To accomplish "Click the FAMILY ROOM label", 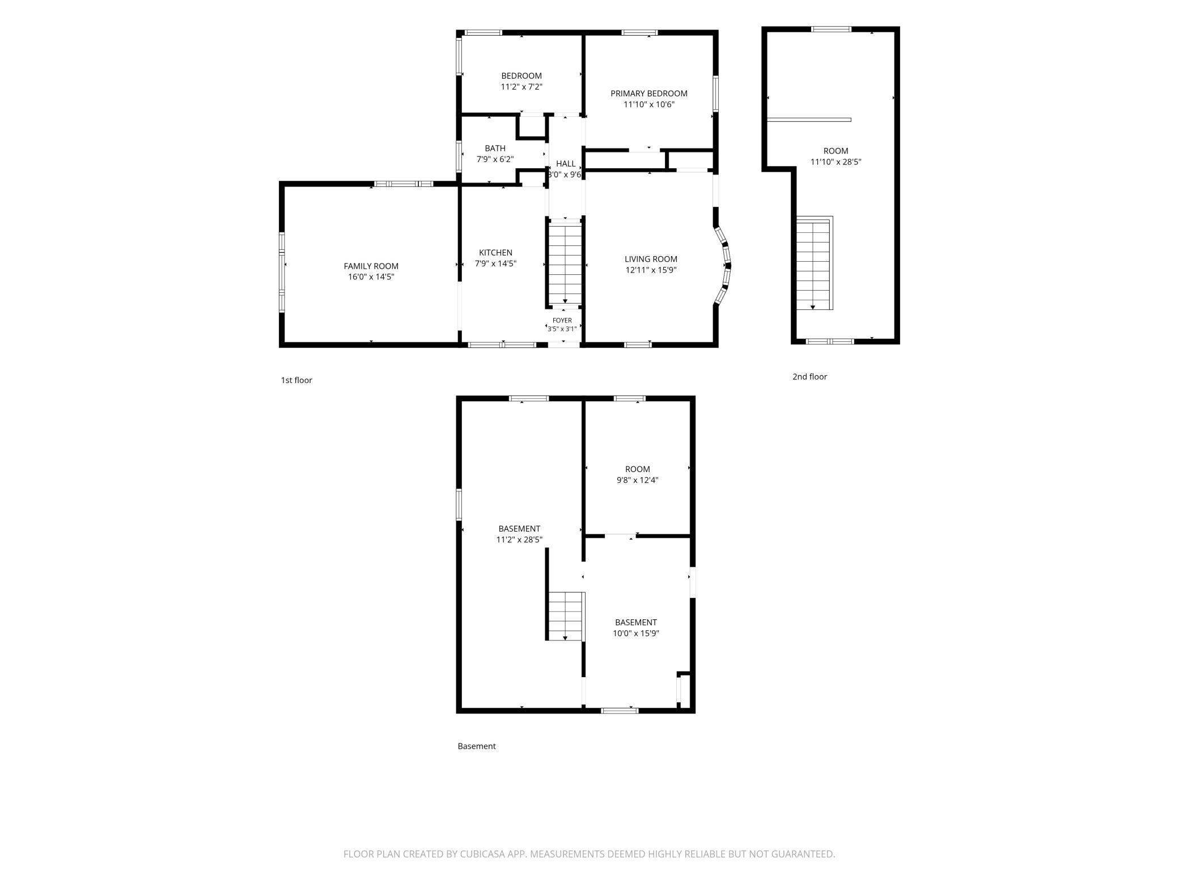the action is pos(371,266).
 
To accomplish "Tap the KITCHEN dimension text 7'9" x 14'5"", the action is pos(495,263).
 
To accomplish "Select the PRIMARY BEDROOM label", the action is pos(648,93).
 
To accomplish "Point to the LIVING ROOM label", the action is pos(651,259).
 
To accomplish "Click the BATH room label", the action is pos(495,148).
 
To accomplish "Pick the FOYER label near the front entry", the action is pos(562,321).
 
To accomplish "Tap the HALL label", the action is pos(566,164).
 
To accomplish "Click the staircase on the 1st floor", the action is pos(565,263).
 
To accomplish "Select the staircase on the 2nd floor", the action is pos(814,263).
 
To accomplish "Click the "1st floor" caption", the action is pos(296,380).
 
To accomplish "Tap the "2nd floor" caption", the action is pos(809,377).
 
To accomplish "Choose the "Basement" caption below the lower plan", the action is pos(477,746).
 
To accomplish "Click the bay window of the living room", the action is pos(724,265).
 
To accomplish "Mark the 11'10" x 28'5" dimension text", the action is pos(836,162).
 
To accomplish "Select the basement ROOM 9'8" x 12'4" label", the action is pos(638,474).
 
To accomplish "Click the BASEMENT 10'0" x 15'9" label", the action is pos(636,628).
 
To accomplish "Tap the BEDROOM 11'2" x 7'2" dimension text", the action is pos(521,87).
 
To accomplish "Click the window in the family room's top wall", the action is pos(404,184).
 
